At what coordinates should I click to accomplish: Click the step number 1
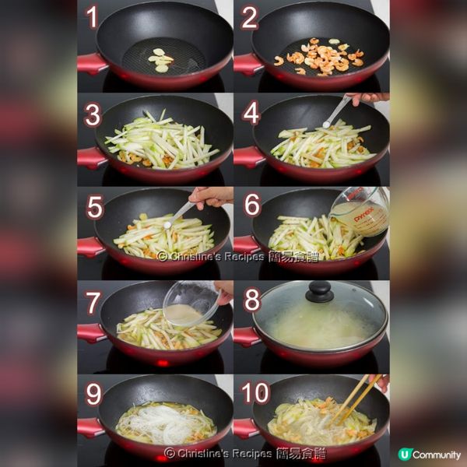click(x=93, y=17)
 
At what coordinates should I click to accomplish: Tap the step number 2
click(x=249, y=17)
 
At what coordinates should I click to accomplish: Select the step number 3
click(x=93, y=115)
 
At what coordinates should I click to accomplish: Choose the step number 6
click(x=251, y=205)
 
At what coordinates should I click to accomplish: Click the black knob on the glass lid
click(x=319, y=291)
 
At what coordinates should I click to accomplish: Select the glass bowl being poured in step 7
click(x=191, y=304)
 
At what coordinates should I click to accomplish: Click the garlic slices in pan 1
click(x=161, y=60)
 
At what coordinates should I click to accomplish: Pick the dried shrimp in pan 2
click(x=321, y=56)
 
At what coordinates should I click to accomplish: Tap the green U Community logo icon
click(x=404, y=455)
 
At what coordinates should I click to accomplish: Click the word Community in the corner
click(x=437, y=455)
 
